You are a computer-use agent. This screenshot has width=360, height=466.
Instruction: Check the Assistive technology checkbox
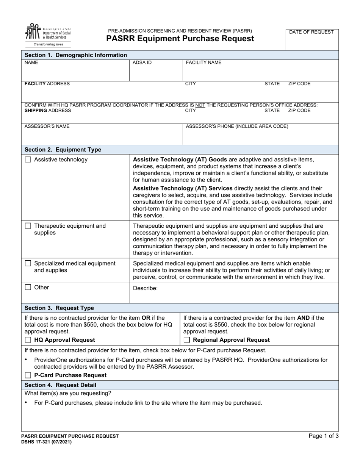point(28,160)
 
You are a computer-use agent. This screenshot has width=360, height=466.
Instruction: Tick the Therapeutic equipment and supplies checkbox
point(28,226)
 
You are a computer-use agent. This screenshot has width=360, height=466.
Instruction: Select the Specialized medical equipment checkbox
point(28,263)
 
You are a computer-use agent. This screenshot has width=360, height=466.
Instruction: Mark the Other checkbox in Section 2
point(28,288)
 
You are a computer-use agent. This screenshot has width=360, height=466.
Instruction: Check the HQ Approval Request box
point(28,340)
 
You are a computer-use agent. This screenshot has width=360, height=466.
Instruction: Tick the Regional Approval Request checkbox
point(187,340)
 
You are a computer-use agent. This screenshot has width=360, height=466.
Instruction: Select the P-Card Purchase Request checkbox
point(28,375)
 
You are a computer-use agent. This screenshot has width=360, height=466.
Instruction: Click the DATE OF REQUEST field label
point(311,32)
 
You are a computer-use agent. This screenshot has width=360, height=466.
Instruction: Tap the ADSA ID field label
point(142,63)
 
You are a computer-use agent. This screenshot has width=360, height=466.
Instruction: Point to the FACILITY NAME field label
point(203,63)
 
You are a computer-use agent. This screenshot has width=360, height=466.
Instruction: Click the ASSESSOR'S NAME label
point(47,127)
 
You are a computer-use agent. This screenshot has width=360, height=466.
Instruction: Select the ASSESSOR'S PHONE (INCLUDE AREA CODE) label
point(237,127)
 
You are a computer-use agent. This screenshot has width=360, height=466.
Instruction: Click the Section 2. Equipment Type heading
point(63,150)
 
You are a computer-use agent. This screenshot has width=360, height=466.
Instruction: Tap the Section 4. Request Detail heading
point(61,385)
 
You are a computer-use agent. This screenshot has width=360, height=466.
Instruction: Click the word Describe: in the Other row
point(145,288)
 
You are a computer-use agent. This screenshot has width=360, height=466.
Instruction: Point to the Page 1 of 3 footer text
point(324,436)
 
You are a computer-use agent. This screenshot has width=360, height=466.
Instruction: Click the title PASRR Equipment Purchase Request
point(180,39)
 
